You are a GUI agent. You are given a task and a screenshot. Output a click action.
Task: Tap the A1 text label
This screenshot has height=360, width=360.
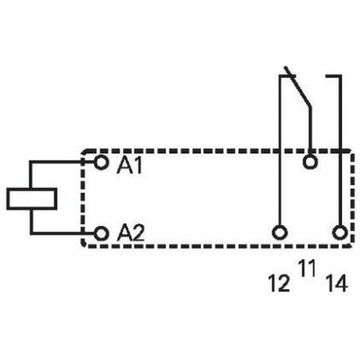point(130,166)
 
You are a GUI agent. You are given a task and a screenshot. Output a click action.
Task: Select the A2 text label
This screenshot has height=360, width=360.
point(130,233)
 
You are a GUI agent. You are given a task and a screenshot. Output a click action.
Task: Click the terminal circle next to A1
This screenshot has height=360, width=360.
point(102,163)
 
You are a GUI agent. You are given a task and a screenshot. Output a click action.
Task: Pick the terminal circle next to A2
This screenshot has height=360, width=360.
point(102,233)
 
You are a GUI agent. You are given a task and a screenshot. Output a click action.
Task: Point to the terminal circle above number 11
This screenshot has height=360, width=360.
point(310,162)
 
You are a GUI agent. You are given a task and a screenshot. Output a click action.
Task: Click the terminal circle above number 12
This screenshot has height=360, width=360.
point(279,233)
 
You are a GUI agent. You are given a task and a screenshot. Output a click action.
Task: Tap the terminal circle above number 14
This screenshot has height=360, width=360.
point(340,233)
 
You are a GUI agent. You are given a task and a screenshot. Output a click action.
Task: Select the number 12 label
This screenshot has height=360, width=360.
point(279,283)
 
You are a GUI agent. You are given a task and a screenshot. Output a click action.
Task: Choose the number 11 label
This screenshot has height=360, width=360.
point(307,269)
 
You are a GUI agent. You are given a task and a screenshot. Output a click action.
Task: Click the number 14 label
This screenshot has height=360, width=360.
point(337,283)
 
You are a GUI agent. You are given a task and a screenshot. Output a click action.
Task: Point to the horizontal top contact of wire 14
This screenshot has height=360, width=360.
point(333,76)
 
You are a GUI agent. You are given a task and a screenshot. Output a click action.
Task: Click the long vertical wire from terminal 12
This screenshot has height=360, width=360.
point(279,150)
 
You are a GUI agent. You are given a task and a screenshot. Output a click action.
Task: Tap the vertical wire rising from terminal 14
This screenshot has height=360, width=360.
point(340,150)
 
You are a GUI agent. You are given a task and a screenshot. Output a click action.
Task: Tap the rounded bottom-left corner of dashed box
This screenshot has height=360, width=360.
point(83,245)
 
